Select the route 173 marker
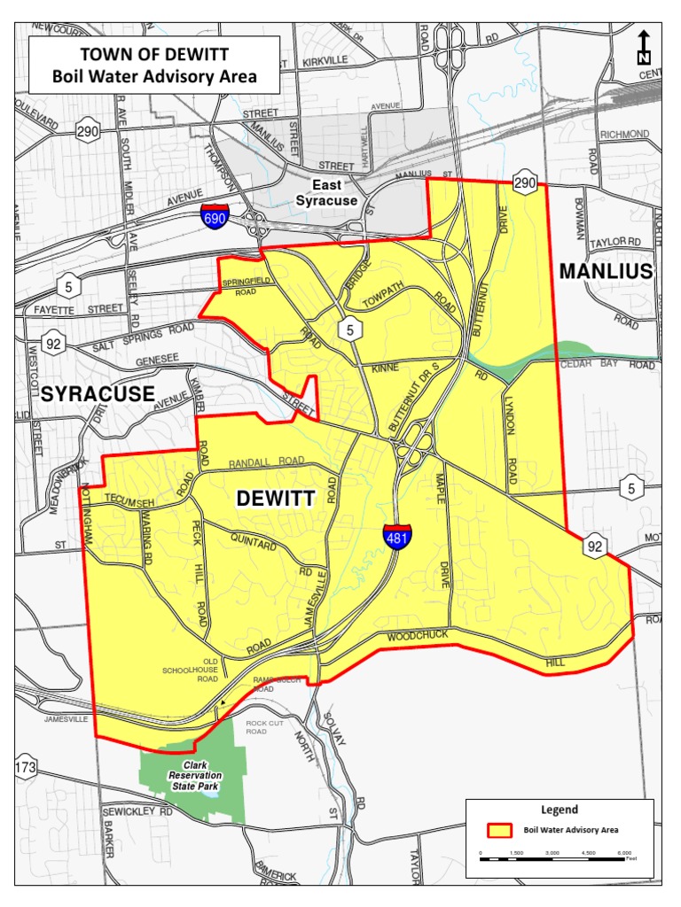pyautogui.click(x=26, y=768)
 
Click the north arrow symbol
pyautogui.click(x=644, y=48)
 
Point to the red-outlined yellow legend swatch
pyautogui.click(x=500, y=831)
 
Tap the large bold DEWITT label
pyautogui.click(x=275, y=499)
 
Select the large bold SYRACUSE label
pyautogui.click(x=97, y=393)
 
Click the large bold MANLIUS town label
pyautogui.click(x=606, y=271)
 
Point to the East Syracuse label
pyautogui.click(x=326, y=192)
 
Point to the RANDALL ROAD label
pyautogui.click(x=266, y=462)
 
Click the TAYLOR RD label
pyautogui.click(x=615, y=241)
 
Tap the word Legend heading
pyautogui.click(x=560, y=809)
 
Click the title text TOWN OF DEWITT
pyautogui.click(x=154, y=55)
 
